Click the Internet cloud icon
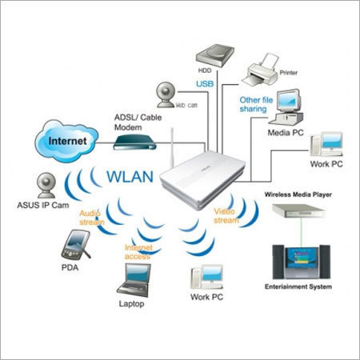tap(66, 141)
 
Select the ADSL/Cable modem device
tap(134, 142)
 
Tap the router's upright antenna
tap(172, 147)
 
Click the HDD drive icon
tap(215, 55)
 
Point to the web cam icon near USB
tap(166, 94)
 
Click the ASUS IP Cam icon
tap(46, 186)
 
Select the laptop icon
tap(134, 280)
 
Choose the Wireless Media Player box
tap(298, 210)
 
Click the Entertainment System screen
tap(302, 259)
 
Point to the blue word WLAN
tap(130, 176)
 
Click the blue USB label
tap(205, 84)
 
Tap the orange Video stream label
tap(226, 216)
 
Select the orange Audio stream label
tap(92, 218)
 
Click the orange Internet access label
tap(138, 252)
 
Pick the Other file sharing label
tap(256, 104)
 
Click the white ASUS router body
tap(202, 179)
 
